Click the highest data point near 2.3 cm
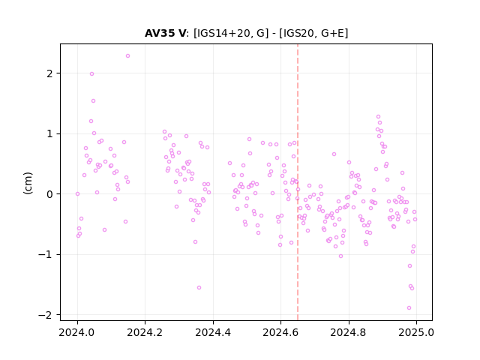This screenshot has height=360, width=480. (x=128, y=55)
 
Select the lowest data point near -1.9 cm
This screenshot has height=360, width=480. (x=409, y=308)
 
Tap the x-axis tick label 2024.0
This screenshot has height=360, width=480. (x=76, y=332)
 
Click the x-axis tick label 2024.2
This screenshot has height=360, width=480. (x=145, y=332)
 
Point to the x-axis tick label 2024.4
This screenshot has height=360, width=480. (x=213, y=332)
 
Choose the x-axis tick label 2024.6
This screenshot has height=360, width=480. (x=280, y=332)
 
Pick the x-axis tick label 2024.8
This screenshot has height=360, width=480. (x=348, y=332)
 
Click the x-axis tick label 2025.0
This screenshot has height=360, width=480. (x=416, y=332)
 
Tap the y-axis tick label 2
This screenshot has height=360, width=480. (x=49, y=73)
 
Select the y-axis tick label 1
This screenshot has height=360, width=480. (x=49, y=133)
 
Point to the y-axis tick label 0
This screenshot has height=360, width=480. (x=49, y=194)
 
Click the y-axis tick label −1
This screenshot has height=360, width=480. (x=45, y=254)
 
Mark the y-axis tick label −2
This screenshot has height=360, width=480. (x=45, y=315)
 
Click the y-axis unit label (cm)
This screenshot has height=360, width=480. (x=28, y=183)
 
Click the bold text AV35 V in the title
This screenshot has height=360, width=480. (x=165, y=33)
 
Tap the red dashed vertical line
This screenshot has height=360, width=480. (x=298, y=182)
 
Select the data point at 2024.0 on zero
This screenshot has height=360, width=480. (x=77, y=193)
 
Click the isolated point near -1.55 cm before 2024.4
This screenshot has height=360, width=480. (x=199, y=287)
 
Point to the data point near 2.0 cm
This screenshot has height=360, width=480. (x=91, y=73)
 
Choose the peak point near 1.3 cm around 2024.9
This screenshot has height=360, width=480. (x=378, y=117)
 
